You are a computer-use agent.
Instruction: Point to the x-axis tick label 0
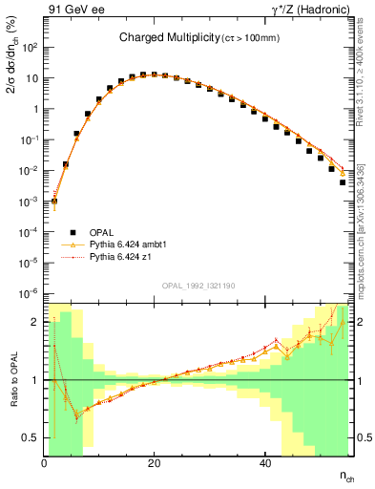pos(45,462)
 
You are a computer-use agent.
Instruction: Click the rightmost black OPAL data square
pos(343,182)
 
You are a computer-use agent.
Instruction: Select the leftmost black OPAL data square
pos(54,202)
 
